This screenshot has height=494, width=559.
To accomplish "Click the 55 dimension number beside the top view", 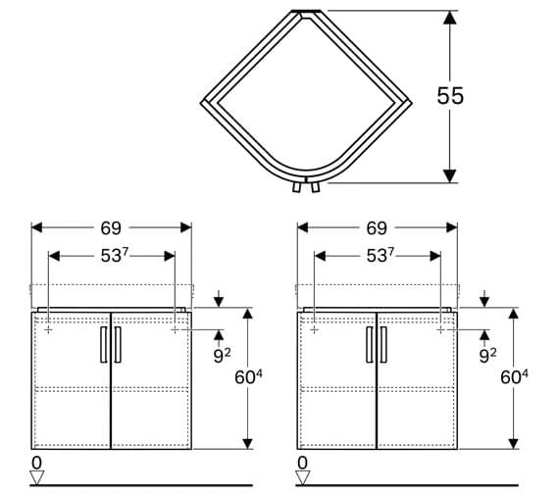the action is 450,95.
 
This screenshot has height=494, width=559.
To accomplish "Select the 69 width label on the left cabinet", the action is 111,228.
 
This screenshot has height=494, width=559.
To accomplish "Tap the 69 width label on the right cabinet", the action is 377,228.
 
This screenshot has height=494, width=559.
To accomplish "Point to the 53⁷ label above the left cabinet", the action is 114,255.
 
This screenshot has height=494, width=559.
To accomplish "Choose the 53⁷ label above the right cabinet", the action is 381,255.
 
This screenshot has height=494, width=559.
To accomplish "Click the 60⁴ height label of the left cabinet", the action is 248,377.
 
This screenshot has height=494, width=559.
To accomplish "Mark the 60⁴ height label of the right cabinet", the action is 514,377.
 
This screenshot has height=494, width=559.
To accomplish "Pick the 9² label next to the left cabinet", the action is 222,356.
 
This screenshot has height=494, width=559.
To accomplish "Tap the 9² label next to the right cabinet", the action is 487,356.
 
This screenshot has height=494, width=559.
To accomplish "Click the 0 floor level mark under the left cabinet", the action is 36,463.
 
